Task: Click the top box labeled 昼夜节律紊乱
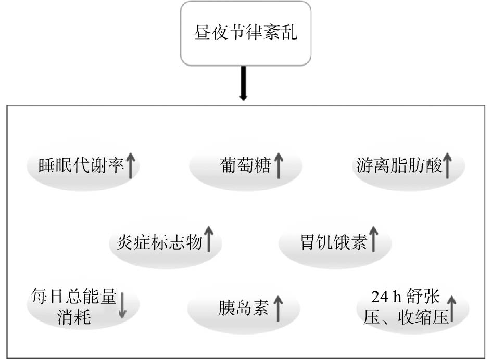pyautogui.click(x=246, y=33)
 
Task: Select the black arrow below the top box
pyautogui.click(x=244, y=83)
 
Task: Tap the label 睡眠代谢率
pyautogui.click(x=81, y=165)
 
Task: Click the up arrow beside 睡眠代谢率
pyautogui.click(x=131, y=165)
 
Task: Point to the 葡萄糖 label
pyautogui.click(x=245, y=165)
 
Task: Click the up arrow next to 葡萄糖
pyautogui.click(x=279, y=165)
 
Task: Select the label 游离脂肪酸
pyautogui.click(x=399, y=165)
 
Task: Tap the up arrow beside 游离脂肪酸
pyautogui.click(x=447, y=165)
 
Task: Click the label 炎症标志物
pyautogui.click(x=159, y=242)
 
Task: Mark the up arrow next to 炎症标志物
pyautogui.click(x=209, y=239)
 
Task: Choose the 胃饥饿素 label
pyautogui.click(x=334, y=242)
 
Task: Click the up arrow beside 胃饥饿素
pyautogui.click(x=373, y=239)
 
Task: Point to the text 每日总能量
pyautogui.click(x=74, y=296)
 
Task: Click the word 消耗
pyautogui.click(x=74, y=317)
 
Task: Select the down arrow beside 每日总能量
pyautogui.click(x=122, y=305)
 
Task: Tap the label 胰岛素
pyautogui.click(x=244, y=308)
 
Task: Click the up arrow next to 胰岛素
pyautogui.click(x=277, y=308)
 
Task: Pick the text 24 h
pyautogui.click(x=386, y=297)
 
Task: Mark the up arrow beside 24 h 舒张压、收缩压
pyautogui.click(x=451, y=308)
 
